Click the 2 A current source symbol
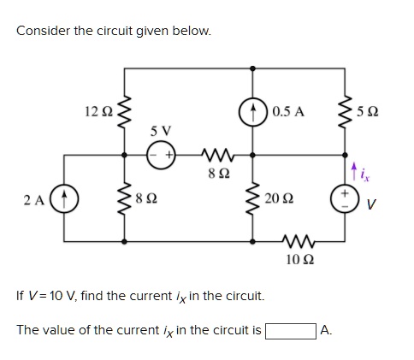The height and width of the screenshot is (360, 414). tap(65, 200)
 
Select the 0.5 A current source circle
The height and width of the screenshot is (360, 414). tap(254, 111)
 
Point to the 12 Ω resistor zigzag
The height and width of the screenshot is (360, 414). tap(126, 111)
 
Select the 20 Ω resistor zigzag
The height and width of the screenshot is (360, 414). tap(254, 200)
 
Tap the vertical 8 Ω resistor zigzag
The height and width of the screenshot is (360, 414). tap(126, 200)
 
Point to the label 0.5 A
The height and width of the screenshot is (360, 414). tap(288, 111)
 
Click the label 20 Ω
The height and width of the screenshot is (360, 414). tap(281, 200)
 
